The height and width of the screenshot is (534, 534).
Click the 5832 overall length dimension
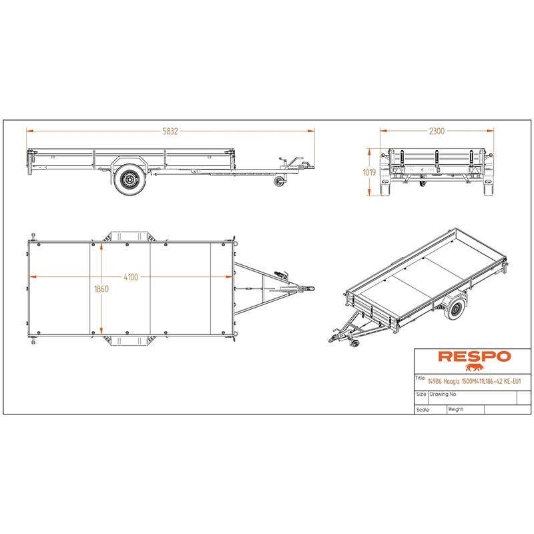click(170, 131)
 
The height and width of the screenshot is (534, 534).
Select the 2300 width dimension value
click(437, 131)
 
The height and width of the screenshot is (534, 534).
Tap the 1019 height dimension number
click(369, 172)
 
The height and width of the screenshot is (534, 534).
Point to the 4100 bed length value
click(131, 277)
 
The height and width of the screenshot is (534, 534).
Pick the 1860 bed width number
click(101, 289)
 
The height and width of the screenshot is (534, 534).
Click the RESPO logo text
click(475, 356)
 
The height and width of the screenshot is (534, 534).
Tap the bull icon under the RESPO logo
click(475, 368)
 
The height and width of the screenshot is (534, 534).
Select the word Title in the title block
click(420, 378)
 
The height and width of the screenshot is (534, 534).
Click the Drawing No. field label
click(443, 394)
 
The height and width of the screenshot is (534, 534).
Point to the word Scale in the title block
click(423, 410)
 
